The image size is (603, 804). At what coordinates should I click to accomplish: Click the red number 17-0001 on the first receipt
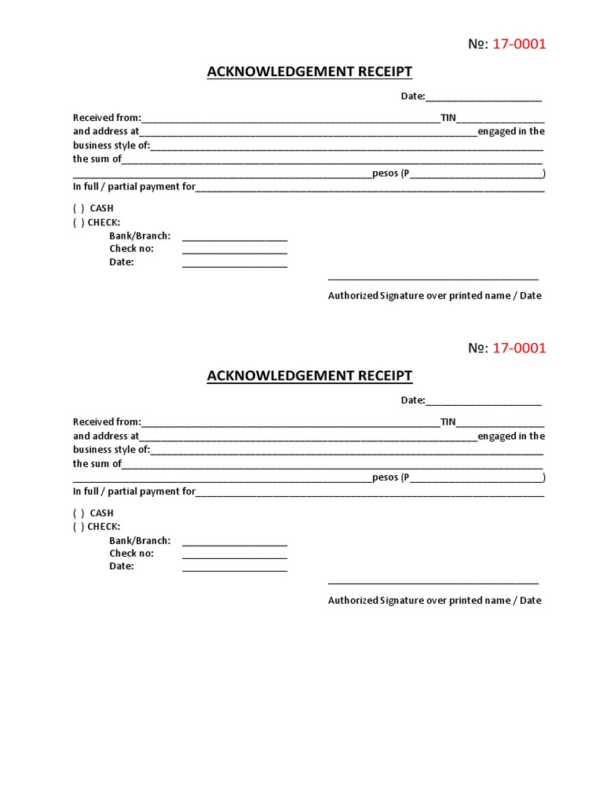[x=519, y=44]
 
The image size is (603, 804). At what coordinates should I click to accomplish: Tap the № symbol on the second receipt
[x=477, y=349]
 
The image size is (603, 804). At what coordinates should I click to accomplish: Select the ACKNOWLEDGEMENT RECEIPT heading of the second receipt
[x=309, y=376]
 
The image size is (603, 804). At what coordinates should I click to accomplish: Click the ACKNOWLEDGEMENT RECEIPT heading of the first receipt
[x=309, y=72]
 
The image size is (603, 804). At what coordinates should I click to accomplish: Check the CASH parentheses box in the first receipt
[x=79, y=209]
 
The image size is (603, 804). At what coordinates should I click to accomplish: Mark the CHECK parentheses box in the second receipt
[x=79, y=528]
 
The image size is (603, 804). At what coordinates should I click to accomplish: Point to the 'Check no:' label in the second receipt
[x=131, y=554]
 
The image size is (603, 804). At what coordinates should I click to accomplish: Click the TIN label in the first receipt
[x=448, y=118]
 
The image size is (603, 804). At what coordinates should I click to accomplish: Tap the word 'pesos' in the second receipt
[x=386, y=477]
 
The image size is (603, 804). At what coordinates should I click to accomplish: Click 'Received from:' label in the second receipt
[x=107, y=422]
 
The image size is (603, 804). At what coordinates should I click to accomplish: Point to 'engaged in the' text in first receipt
[x=511, y=132]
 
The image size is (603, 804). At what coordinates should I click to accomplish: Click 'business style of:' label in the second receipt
[x=111, y=450]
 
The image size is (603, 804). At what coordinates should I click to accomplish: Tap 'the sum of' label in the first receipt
[x=97, y=159]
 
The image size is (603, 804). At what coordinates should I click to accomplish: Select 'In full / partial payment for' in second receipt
[x=134, y=492]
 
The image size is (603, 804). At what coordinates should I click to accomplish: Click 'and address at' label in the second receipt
[x=106, y=437]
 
